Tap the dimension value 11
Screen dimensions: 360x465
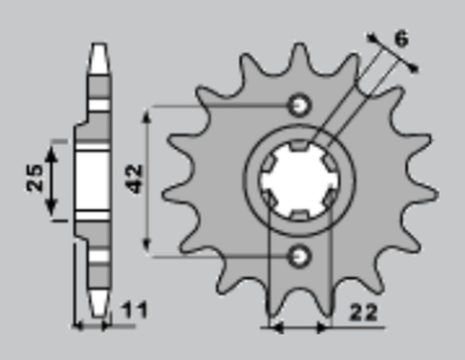(x=134, y=312)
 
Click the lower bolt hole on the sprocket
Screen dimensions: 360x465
(x=300, y=257)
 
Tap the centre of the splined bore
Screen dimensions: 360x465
(x=300, y=180)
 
